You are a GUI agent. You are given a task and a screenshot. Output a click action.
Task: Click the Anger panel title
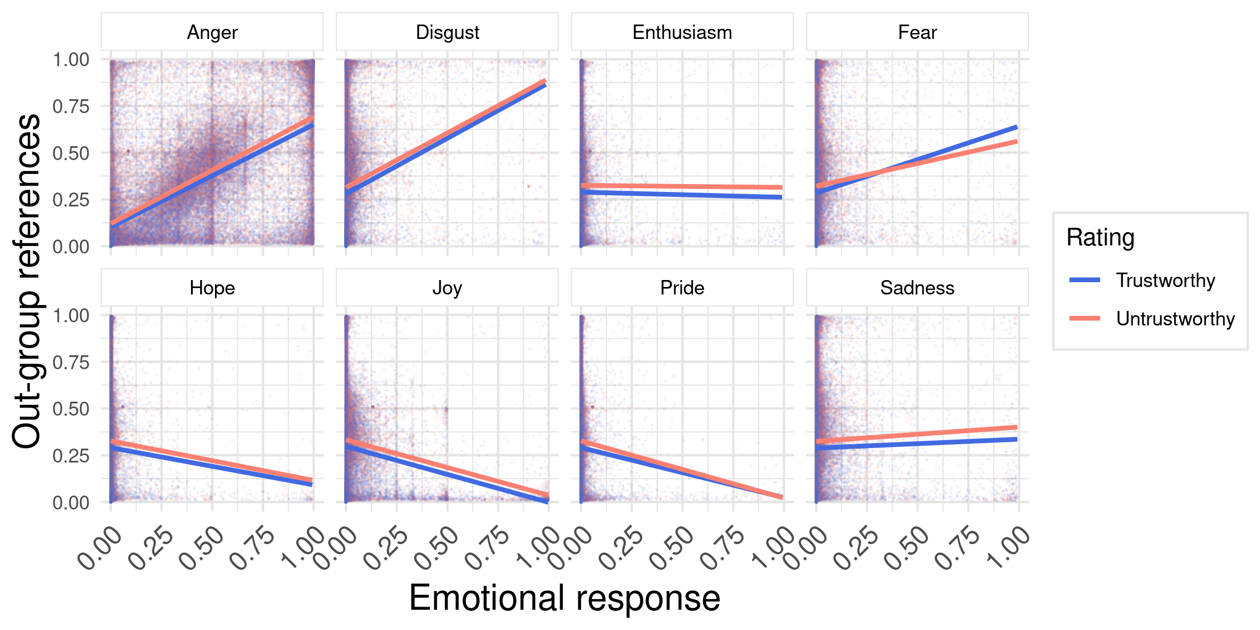pos(212,33)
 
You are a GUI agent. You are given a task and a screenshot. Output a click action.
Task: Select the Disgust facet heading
pos(447,33)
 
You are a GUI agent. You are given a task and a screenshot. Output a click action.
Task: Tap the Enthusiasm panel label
pos(682,33)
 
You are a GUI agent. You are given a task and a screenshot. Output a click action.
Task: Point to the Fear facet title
pos(917,33)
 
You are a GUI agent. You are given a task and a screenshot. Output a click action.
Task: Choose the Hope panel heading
pos(212,288)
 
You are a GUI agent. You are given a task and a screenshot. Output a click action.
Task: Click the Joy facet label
pos(447,288)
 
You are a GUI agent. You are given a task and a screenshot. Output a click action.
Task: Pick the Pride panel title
pos(682,288)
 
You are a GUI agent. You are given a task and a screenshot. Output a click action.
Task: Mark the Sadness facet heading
pos(917,288)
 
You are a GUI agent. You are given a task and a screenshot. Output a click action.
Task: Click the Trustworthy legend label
pos(1166,281)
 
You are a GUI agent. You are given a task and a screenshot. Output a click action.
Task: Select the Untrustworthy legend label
pos(1175,319)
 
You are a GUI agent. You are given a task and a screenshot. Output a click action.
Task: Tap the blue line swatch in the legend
pos(1084,280)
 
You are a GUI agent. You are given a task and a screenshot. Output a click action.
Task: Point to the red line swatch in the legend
pos(1084,318)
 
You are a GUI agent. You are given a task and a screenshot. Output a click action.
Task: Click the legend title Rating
pos(1100,237)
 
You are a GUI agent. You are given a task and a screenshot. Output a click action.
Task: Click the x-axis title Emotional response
pos(564,598)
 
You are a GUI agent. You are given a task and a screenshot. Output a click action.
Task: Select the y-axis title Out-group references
pos(27,281)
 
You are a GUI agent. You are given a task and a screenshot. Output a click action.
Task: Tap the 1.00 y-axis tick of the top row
pos(71,60)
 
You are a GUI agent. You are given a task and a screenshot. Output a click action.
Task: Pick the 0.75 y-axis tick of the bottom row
pos(71,363)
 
